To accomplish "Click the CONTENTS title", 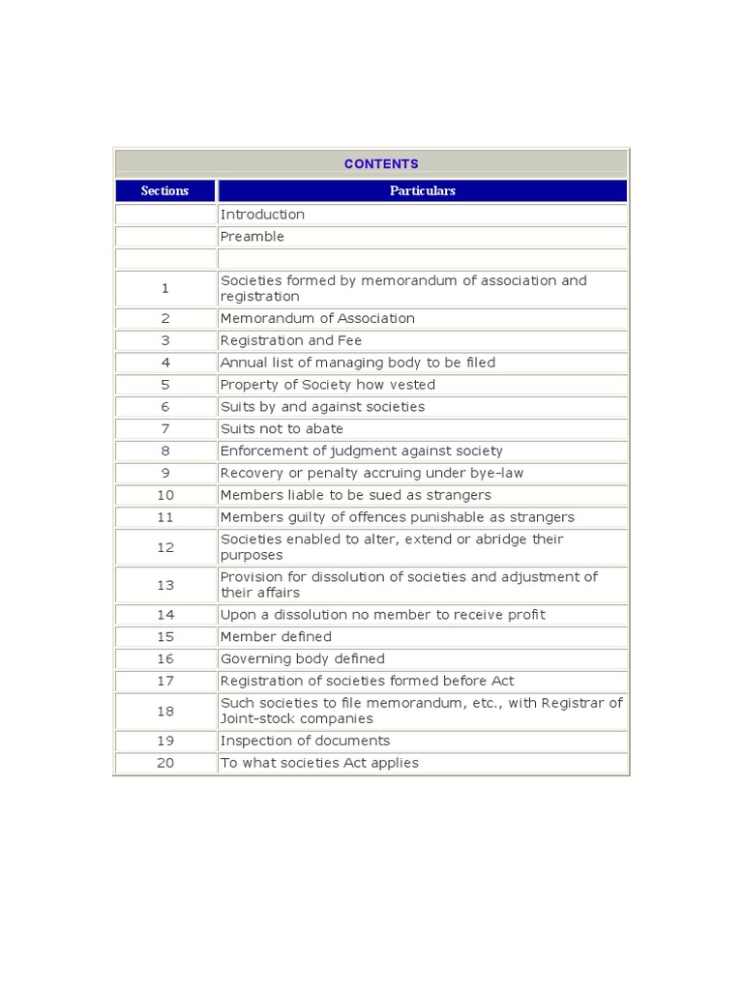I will click(x=381, y=163).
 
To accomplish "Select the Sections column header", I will click(x=164, y=190).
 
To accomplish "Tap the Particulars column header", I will click(x=422, y=190).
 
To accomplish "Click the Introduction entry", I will click(x=262, y=215).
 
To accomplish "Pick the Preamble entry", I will click(x=253, y=237).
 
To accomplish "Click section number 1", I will click(x=165, y=288).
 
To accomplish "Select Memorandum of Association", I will click(x=317, y=318).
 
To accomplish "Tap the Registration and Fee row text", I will click(x=291, y=340).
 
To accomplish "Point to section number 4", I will click(x=165, y=363).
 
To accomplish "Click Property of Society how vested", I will click(x=328, y=385).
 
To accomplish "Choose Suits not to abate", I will click(x=282, y=428).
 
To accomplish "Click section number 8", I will click(x=165, y=451).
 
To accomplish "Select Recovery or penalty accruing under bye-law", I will click(x=372, y=473).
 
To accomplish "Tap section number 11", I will click(x=165, y=517).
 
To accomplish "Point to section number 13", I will click(x=165, y=585).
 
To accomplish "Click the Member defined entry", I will click(x=276, y=637).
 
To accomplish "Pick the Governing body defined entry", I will click(x=303, y=659).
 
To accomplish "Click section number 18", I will click(x=165, y=711).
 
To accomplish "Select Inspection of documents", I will click(x=306, y=741).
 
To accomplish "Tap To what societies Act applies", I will click(x=320, y=763).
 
